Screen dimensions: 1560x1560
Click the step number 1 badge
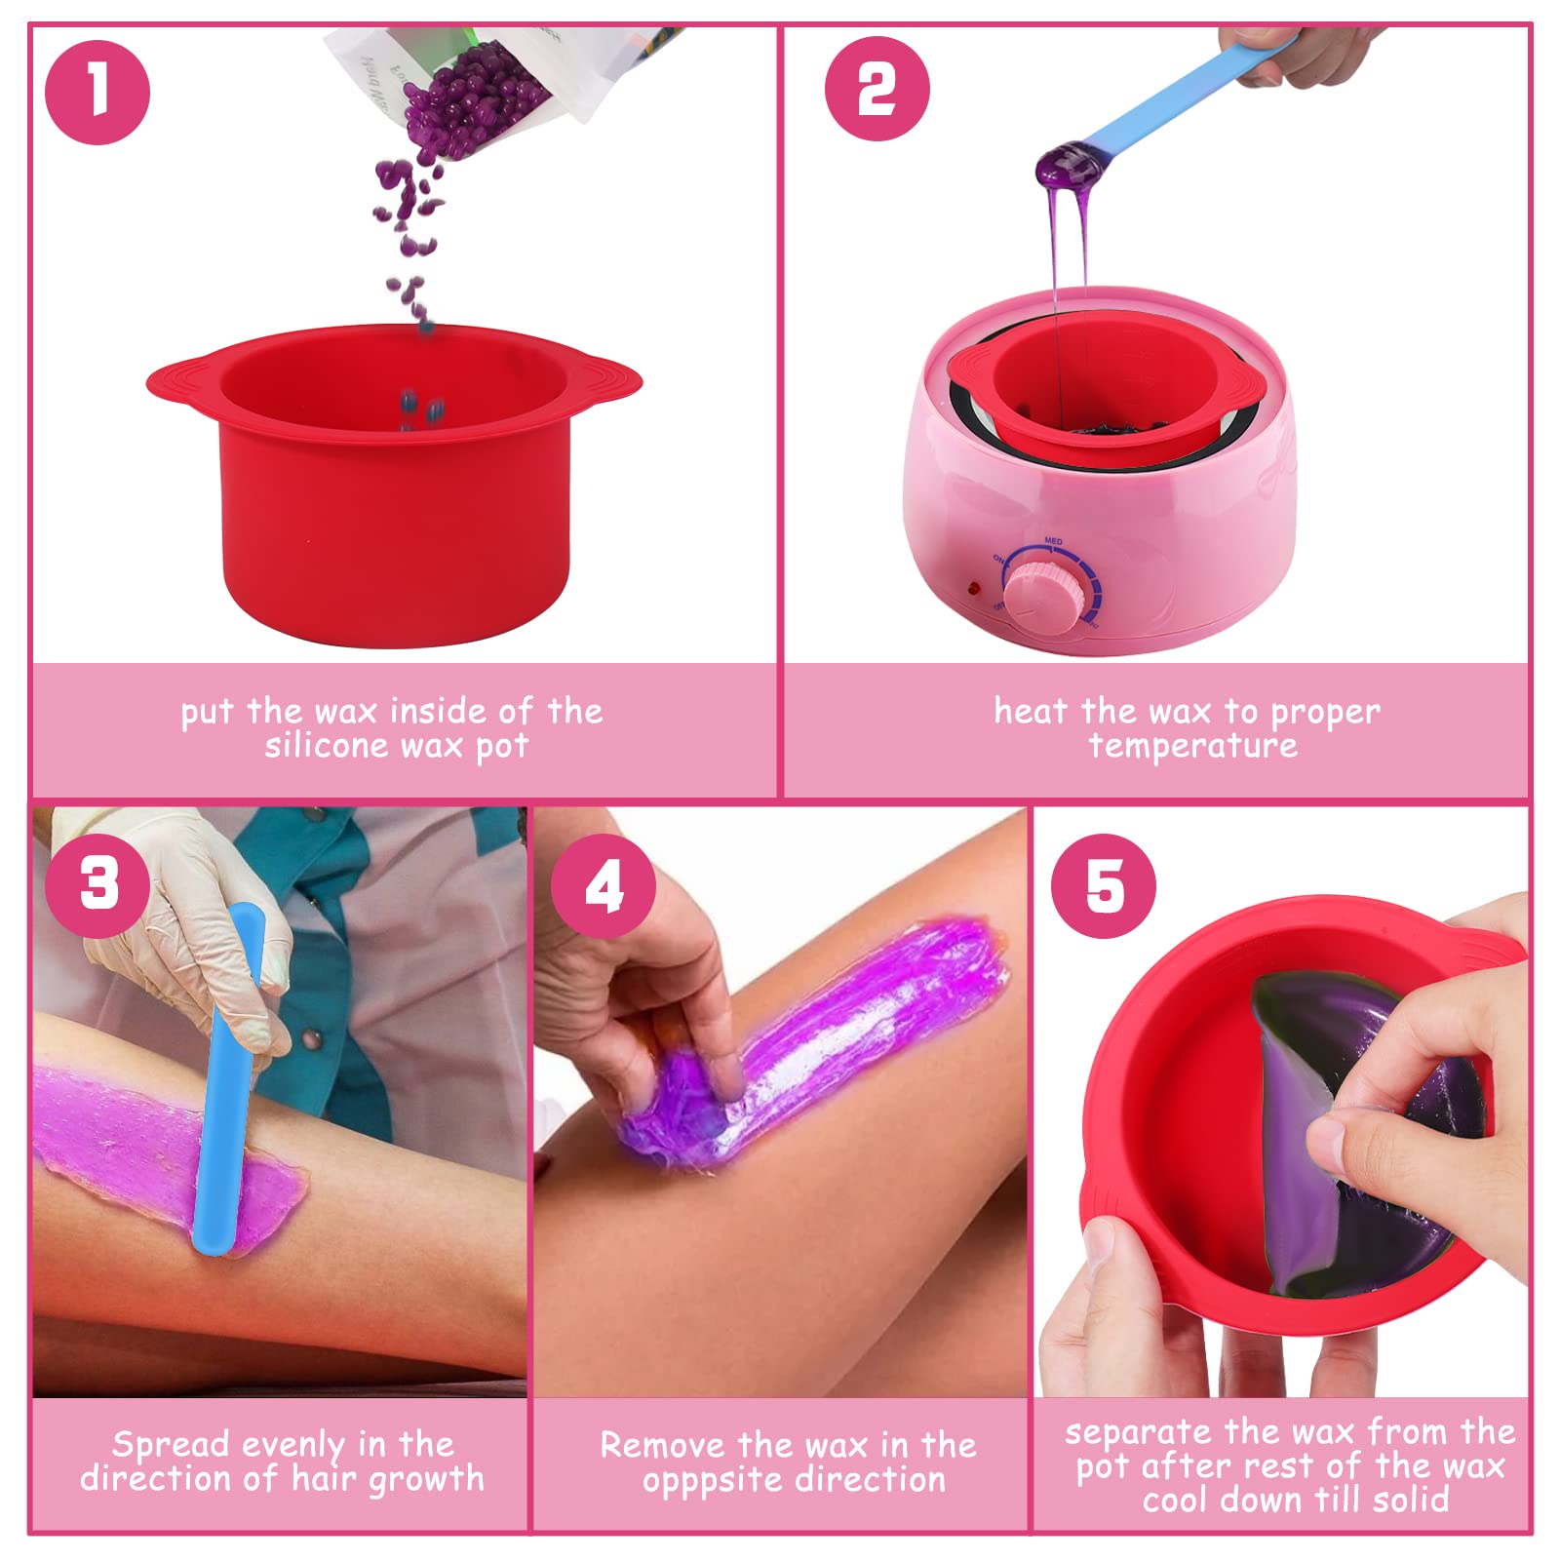click(97, 93)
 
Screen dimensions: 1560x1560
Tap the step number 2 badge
click(877, 89)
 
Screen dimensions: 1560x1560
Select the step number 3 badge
click(98, 885)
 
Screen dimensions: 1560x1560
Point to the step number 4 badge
click(604, 885)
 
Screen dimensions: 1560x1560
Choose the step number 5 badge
click(1104, 886)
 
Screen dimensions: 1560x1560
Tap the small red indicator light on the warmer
click(973, 589)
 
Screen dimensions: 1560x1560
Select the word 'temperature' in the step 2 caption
click(1193, 747)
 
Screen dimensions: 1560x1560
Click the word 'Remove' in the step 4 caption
click(664, 1445)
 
